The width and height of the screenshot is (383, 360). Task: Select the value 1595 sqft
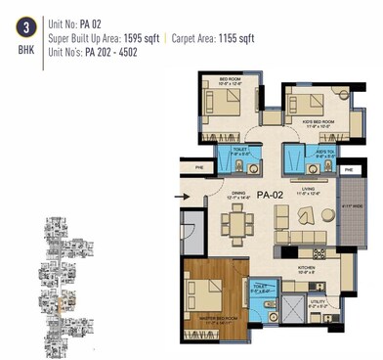[x=144, y=39]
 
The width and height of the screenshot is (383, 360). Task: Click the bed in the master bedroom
[x=210, y=295]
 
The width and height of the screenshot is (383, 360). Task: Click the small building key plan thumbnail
[x=60, y=276]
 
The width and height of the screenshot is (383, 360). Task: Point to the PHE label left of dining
[x=189, y=167]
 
